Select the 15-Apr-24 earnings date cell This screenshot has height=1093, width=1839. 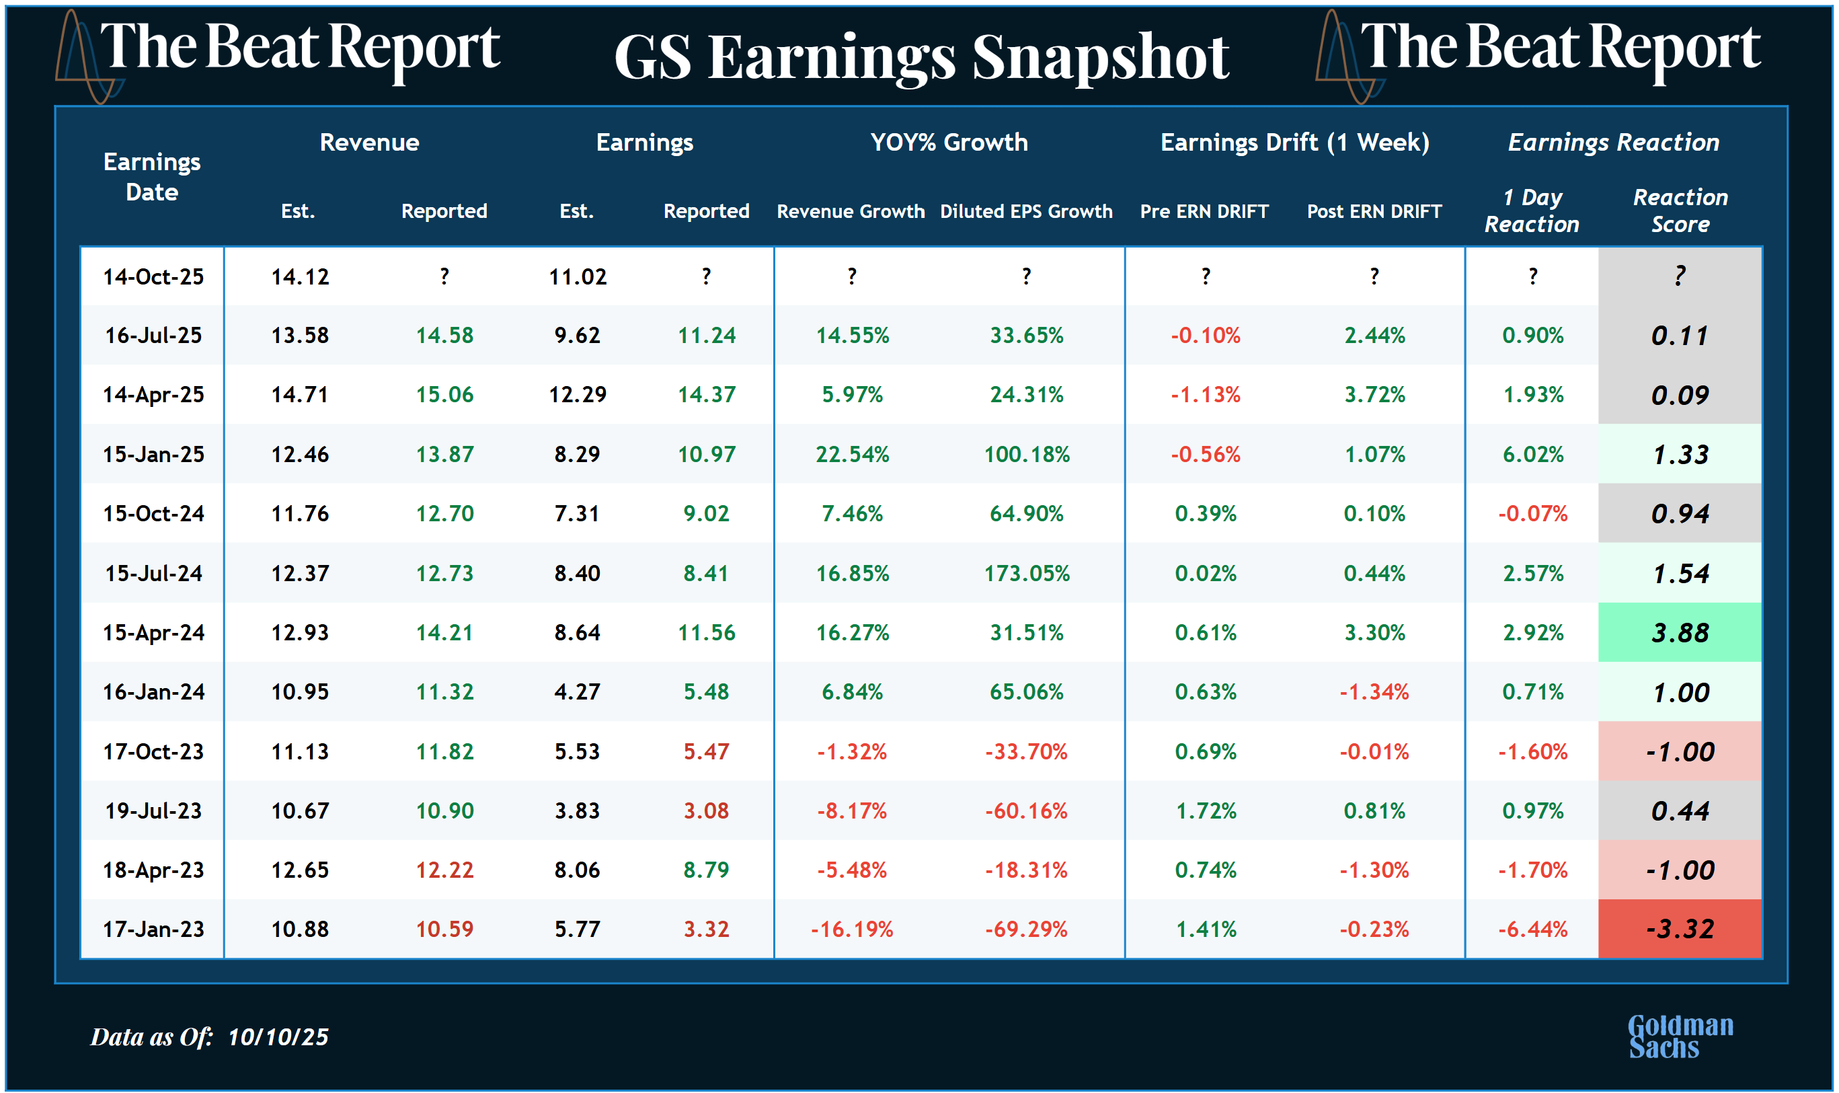(153, 633)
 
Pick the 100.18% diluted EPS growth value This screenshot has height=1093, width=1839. (1026, 455)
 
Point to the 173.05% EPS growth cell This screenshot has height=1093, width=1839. (1026, 573)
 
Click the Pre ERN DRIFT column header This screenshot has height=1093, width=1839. (1204, 211)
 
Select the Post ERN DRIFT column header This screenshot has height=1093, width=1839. (1374, 211)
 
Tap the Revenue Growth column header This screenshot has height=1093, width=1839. (851, 211)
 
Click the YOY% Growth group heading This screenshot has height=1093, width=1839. (949, 142)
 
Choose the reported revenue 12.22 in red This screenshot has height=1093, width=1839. (444, 870)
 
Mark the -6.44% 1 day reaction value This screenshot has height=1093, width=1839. (1533, 929)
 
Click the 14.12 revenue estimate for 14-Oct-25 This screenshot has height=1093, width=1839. (300, 277)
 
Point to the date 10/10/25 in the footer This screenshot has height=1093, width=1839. (278, 1037)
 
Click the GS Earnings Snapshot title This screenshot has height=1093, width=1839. (921, 57)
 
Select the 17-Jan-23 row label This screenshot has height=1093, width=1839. (153, 929)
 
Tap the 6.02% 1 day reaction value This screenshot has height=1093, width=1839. (1533, 455)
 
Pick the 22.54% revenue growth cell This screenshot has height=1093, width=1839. (852, 455)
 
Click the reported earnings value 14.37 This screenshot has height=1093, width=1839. (706, 395)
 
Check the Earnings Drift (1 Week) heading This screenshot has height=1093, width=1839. (1295, 142)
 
